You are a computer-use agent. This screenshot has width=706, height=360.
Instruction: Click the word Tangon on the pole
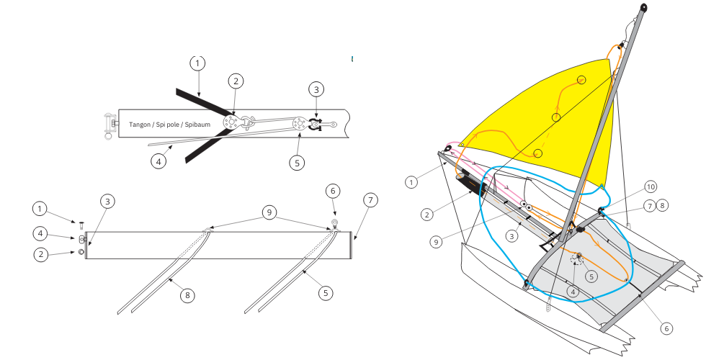click(141, 125)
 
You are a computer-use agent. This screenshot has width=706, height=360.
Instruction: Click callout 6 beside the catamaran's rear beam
click(667, 328)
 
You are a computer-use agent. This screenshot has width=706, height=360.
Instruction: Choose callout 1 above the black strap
click(198, 63)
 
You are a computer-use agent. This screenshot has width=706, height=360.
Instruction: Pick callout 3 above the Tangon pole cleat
click(316, 89)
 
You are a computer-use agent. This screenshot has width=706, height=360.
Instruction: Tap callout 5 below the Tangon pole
click(297, 163)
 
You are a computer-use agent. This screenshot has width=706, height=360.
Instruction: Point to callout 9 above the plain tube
click(268, 212)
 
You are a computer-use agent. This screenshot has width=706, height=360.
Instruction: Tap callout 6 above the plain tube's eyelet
click(332, 191)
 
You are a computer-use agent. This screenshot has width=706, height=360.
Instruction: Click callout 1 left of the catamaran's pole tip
click(411, 182)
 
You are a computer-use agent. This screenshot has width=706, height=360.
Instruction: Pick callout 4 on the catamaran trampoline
click(572, 292)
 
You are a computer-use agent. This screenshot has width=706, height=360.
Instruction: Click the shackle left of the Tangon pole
click(110, 125)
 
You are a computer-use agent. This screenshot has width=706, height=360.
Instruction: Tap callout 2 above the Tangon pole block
click(236, 82)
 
